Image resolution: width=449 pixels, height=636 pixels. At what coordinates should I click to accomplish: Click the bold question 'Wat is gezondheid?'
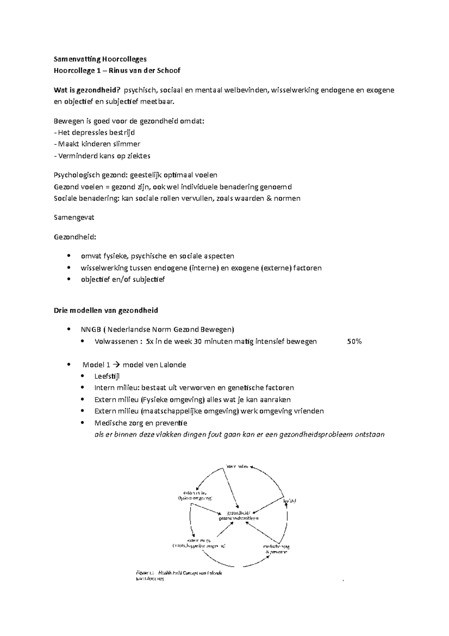pyautogui.click(x=88, y=90)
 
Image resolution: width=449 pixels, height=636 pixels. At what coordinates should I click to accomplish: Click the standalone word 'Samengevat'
pyautogui.click(x=74, y=217)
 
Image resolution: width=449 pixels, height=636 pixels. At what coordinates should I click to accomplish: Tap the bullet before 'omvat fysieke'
pyautogui.click(x=68, y=256)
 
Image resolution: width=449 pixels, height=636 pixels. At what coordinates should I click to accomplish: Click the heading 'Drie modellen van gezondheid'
pyautogui.click(x=106, y=310)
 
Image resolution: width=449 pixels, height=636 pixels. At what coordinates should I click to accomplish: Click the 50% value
pyautogui.click(x=354, y=341)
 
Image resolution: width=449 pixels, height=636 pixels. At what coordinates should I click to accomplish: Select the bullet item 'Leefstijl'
pyautogui.click(x=107, y=376)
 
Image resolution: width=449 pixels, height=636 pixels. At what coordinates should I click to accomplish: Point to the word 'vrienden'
pyautogui.click(x=309, y=411)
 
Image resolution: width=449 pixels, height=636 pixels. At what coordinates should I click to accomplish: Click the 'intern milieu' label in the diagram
pyautogui.click(x=237, y=466)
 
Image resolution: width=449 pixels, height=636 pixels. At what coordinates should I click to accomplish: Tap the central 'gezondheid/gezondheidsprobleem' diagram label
pyautogui.click(x=239, y=515)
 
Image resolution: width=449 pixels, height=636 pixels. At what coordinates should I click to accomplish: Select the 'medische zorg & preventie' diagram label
pyautogui.click(x=276, y=549)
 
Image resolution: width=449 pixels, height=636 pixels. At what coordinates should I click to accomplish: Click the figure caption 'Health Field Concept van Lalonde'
pyautogui.click(x=190, y=573)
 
